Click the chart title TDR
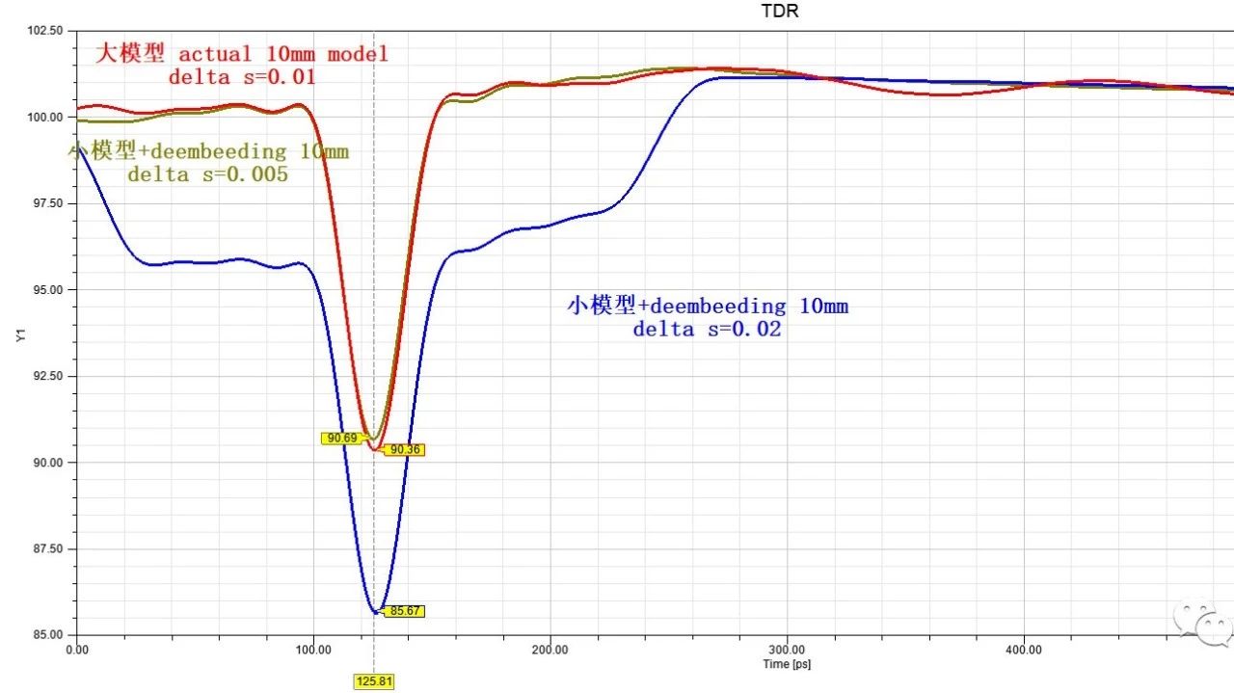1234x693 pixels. (x=780, y=12)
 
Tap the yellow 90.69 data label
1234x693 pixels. (x=342, y=438)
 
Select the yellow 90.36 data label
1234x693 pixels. (x=405, y=449)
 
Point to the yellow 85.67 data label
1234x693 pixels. (x=403, y=611)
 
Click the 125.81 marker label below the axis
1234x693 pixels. (x=374, y=681)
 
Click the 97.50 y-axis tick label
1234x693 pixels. (x=45, y=203)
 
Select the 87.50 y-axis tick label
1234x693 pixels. (x=45, y=548)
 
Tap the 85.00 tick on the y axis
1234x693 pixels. (x=45, y=634)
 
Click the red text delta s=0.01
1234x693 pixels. (x=241, y=77)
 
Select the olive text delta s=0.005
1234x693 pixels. (x=207, y=175)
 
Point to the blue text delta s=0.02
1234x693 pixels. (x=707, y=329)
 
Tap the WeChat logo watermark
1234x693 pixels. (x=1200, y=622)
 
